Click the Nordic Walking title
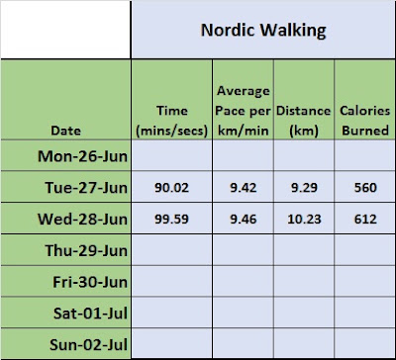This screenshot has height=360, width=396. click(x=263, y=32)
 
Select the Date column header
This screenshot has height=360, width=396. click(x=66, y=131)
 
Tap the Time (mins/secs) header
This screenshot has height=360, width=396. click(x=172, y=121)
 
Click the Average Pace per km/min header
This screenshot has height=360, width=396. click(x=243, y=111)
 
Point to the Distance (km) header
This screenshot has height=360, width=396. click(x=303, y=121)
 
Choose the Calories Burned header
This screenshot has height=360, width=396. click(x=365, y=121)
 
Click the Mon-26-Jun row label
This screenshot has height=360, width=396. click(x=82, y=156)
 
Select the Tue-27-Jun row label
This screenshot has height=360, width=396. click(x=86, y=188)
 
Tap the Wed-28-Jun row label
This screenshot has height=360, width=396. click(x=82, y=220)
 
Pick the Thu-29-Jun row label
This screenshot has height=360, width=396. click(x=86, y=250)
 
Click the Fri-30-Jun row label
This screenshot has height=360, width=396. click(x=90, y=282)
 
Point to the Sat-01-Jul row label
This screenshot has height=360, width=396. click(x=90, y=314)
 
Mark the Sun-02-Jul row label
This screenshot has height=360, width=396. click(x=88, y=345)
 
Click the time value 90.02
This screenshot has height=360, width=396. click(x=171, y=188)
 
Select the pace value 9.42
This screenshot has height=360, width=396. click(x=243, y=188)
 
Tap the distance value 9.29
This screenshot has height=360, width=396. click(x=304, y=188)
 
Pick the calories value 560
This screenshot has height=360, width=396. click(x=365, y=188)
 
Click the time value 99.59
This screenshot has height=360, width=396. click(x=171, y=220)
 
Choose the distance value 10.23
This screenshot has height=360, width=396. click(x=304, y=220)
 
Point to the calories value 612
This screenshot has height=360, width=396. click(x=365, y=220)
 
